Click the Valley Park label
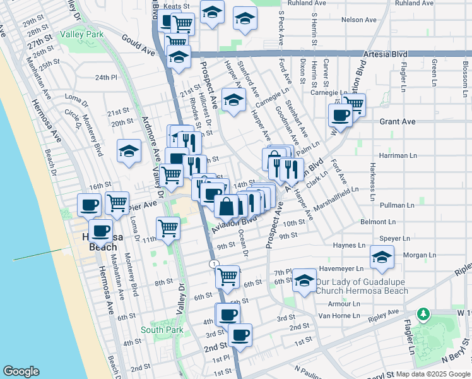coord(82,35)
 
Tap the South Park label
coord(162,330)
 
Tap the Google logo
coord(21,371)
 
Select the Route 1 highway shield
coord(215,263)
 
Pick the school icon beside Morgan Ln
coord(382,256)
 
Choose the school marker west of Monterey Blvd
coord(129,151)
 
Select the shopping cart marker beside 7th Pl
coord(227,275)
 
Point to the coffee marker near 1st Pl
coord(240,335)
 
